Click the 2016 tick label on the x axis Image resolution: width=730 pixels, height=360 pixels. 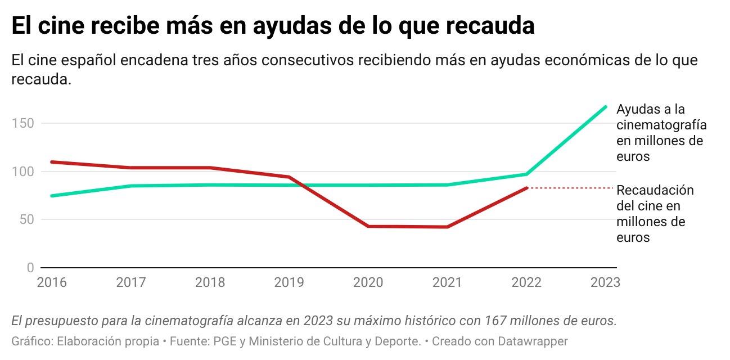click(52, 282)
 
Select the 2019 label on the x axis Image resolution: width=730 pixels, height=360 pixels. click(289, 282)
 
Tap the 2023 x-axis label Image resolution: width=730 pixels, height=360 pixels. click(605, 282)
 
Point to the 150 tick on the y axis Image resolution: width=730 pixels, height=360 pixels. click(22, 123)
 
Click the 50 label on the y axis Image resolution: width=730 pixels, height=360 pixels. click(26, 219)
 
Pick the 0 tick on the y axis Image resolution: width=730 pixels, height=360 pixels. click(30, 268)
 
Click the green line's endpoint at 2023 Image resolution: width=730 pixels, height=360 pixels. click(606, 106)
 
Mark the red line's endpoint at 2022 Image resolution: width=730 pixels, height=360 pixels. click(527, 188)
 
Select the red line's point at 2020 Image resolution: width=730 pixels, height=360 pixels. click(368, 226)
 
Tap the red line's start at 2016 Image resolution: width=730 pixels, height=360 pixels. click(52, 162)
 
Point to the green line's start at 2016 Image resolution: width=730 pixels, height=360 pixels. click(52, 196)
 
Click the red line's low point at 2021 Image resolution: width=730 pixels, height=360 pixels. click(447, 227)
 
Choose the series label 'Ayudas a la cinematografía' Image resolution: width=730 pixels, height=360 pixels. click(661, 133)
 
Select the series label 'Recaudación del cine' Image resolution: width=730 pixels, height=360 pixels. click(655, 214)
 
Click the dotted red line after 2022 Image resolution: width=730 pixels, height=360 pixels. click(571, 188)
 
